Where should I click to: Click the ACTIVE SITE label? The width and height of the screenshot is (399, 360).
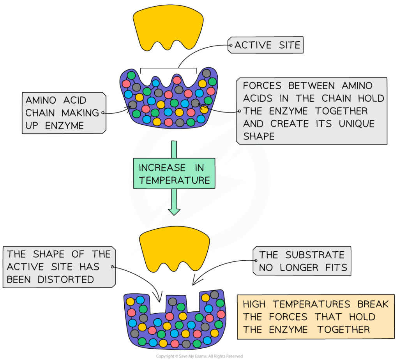click(267, 45)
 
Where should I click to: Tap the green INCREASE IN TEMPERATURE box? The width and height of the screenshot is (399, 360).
click(174, 173)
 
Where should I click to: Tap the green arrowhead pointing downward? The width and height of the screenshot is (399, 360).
click(174, 211)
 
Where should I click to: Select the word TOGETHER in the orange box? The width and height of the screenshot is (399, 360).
click(343, 330)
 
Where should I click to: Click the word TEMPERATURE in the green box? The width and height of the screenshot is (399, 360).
click(174, 180)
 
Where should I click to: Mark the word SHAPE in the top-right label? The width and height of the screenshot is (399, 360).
click(259, 136)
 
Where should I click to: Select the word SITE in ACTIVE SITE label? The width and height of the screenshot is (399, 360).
click(289, 45)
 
